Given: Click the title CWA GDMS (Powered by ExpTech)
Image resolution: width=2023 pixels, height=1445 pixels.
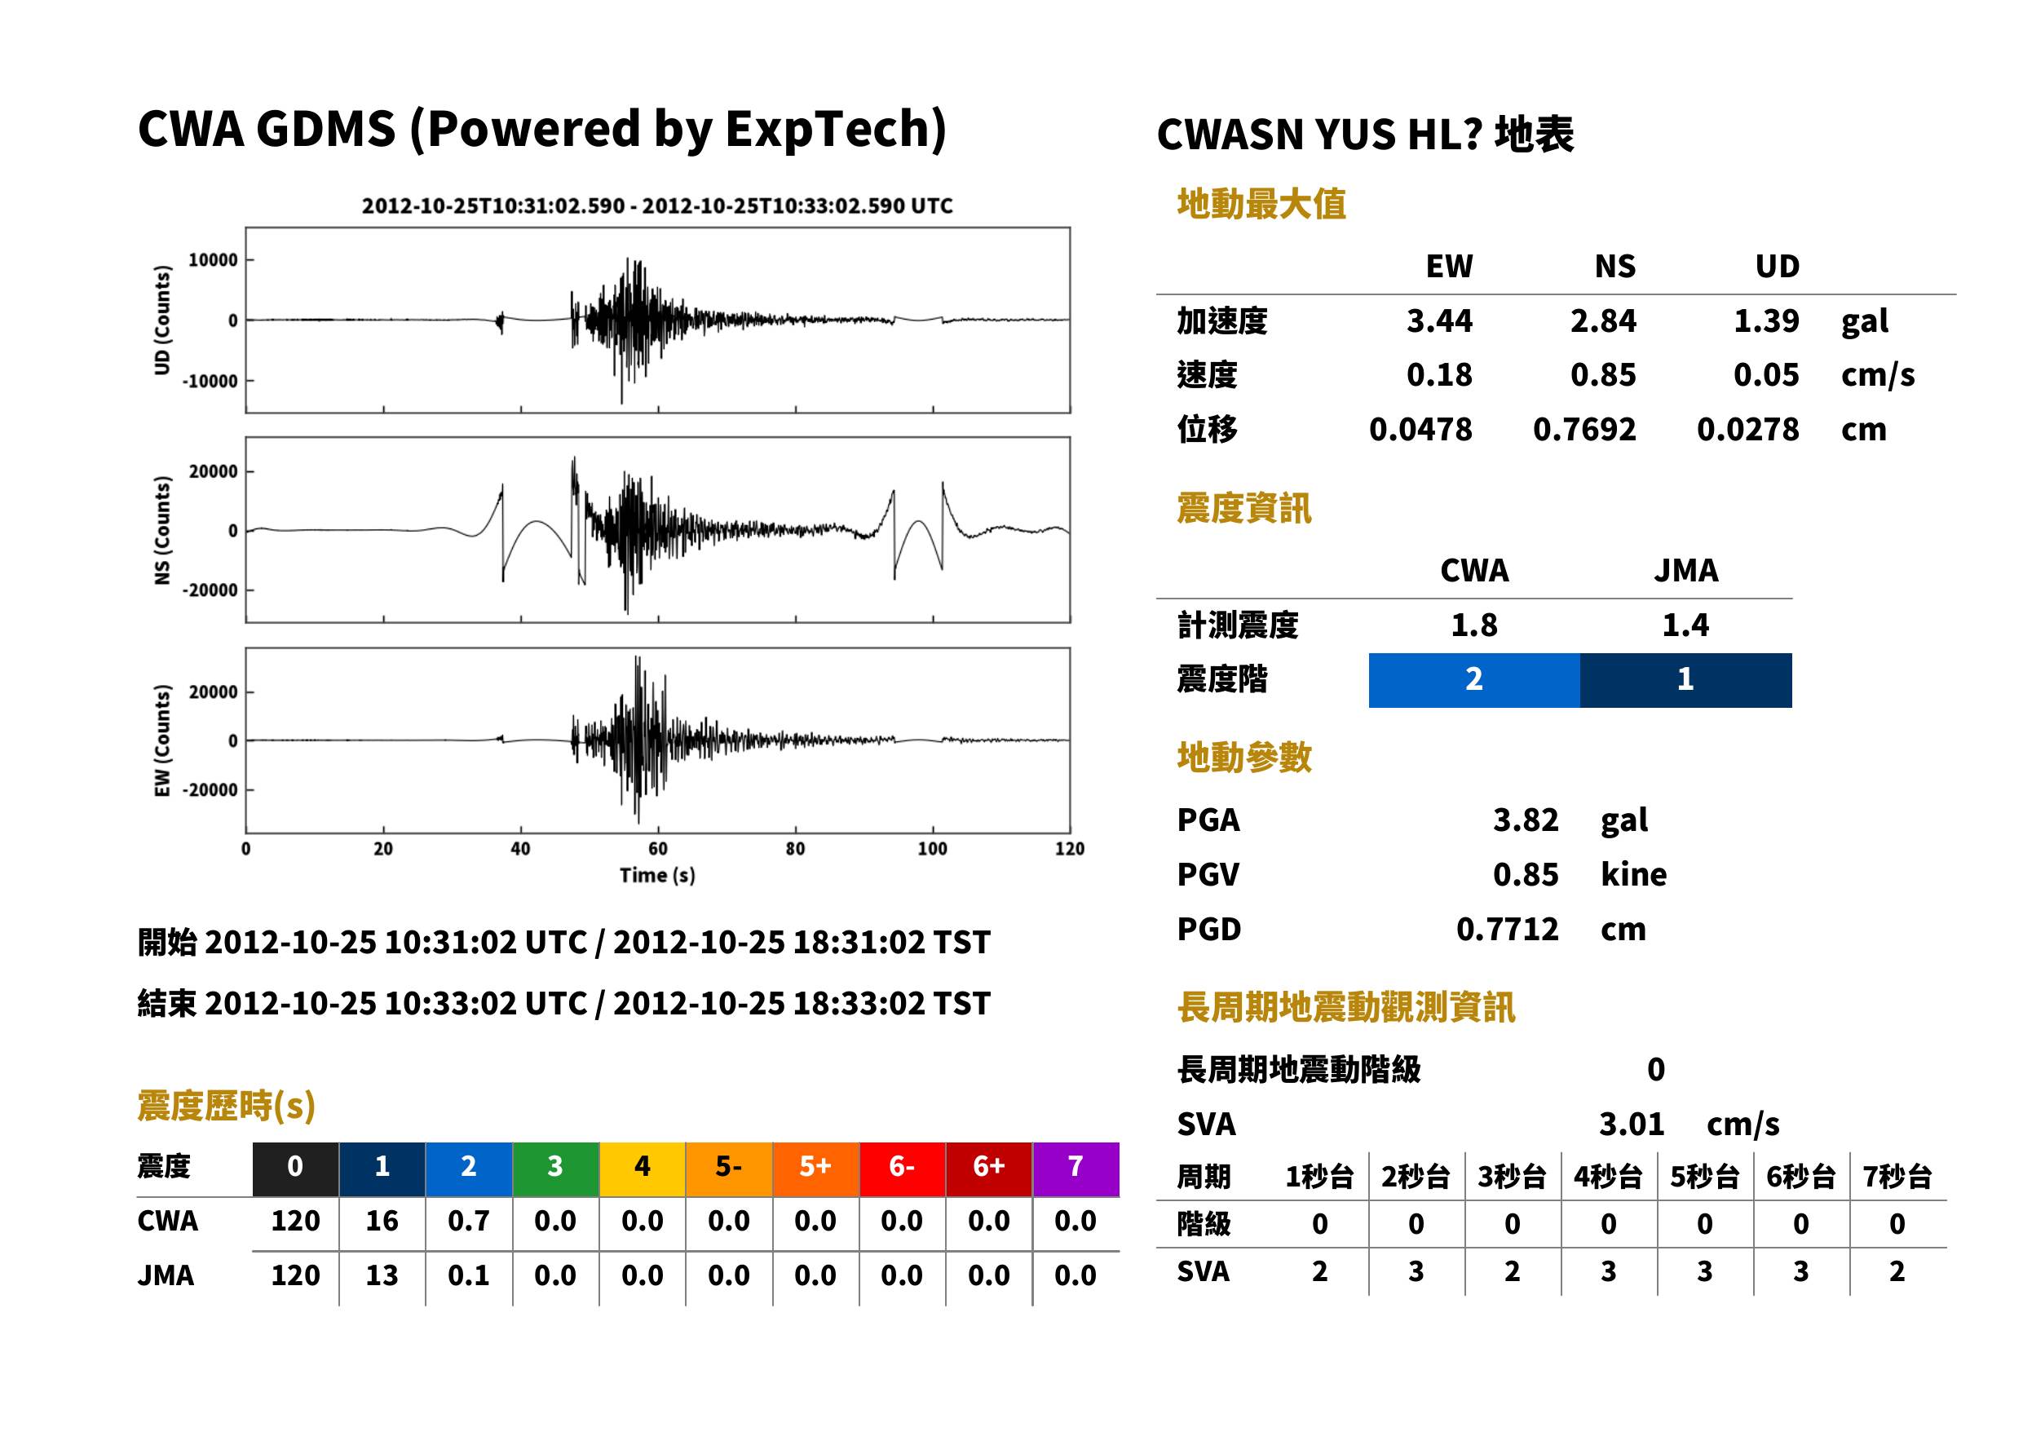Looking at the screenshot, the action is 541,129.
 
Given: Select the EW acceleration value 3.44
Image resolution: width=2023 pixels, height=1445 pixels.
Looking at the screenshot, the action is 1438,320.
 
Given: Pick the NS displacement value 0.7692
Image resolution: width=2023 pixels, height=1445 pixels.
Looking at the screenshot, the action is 1584,430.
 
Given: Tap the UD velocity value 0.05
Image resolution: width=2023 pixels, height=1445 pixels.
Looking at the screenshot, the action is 1766,374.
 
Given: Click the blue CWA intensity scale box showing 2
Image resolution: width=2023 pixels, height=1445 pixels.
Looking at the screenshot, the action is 1474,680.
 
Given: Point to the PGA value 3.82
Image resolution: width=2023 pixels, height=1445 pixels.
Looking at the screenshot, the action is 1526,820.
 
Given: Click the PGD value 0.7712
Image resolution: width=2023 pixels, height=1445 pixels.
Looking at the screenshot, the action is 1507,929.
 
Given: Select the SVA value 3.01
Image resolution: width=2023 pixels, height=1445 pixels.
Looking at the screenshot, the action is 1632,1124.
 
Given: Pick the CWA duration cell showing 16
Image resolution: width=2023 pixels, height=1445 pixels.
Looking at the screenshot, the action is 382,1221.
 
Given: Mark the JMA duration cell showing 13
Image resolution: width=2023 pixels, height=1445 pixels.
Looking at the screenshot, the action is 382,1275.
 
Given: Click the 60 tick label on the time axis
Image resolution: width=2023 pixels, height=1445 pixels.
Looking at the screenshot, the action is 657,849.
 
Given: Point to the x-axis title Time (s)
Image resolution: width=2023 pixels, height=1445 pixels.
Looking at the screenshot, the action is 657,876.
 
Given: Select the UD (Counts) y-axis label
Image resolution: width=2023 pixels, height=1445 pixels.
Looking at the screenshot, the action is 162,320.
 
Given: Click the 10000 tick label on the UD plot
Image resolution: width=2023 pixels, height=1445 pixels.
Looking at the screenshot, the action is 213,260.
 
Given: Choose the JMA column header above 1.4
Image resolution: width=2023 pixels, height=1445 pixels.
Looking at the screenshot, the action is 1686,570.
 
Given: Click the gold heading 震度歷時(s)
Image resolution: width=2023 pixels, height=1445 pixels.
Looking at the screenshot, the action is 227,1106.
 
